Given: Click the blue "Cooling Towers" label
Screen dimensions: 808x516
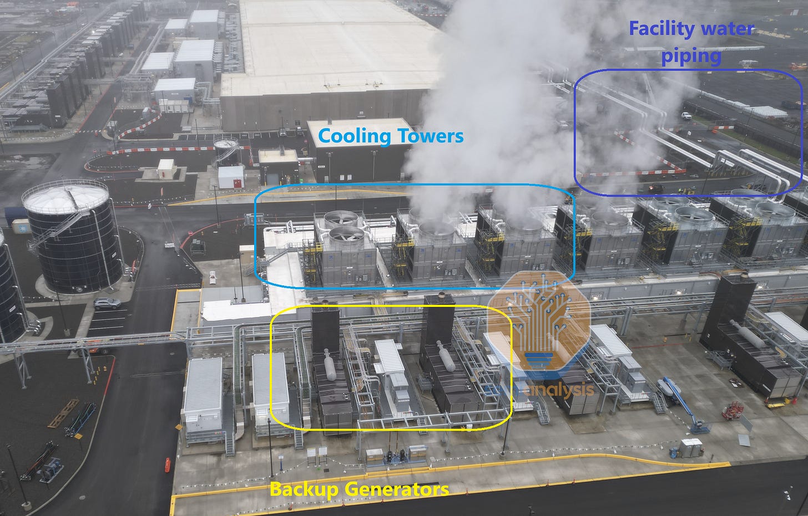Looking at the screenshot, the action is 391,135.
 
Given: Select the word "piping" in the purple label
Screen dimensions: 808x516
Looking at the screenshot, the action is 691,55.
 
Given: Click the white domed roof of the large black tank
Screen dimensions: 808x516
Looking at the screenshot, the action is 65,195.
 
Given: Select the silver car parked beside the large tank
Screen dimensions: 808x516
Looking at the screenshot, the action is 107,304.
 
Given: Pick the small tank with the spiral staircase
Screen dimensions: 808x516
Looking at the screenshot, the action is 227,150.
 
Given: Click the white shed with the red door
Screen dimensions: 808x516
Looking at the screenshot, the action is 231,177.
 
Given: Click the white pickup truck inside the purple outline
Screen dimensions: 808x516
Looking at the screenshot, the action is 687,116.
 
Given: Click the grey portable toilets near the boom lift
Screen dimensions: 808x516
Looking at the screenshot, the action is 690,447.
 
